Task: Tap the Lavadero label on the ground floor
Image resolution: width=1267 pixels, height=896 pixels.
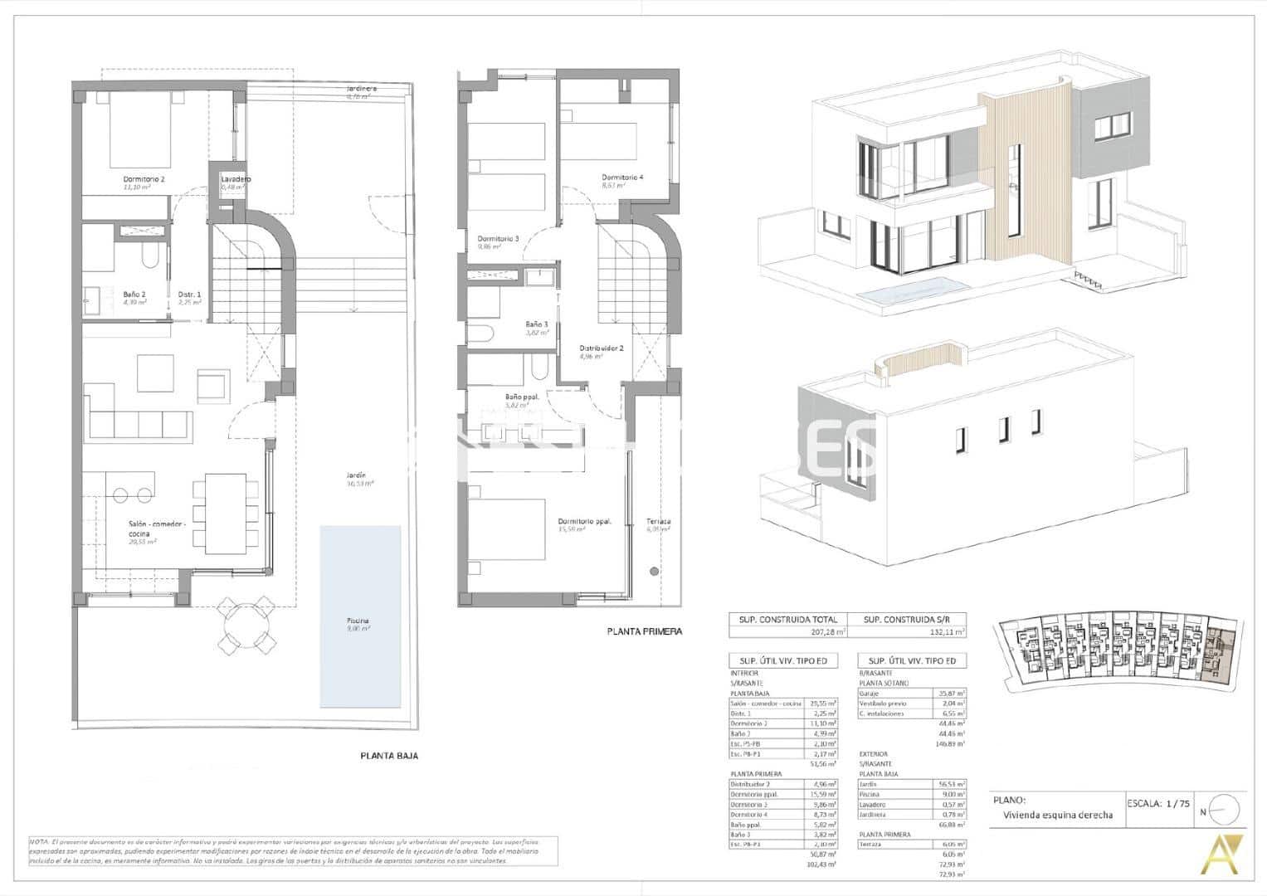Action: (236, 179)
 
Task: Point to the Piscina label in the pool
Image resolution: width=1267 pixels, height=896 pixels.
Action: (358, 621)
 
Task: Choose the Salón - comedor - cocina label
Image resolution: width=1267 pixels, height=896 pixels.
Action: (157, 528)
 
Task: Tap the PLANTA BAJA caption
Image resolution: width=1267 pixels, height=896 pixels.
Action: (389, 756)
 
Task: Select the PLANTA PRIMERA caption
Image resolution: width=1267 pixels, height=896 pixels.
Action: (644, 631)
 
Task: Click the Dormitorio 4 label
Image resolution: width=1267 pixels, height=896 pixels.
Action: (622, 177)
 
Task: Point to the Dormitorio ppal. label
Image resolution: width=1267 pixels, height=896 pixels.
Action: (584, 522)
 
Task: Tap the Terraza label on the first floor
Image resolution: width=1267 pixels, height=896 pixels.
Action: (658, 522)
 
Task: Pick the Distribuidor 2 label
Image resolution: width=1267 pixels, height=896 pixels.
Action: (601, 348)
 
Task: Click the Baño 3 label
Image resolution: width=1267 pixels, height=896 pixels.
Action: (537, 324)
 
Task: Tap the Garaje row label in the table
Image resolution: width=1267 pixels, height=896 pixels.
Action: (870, 693)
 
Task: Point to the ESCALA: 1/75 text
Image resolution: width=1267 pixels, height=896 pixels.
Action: (1157, 802)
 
